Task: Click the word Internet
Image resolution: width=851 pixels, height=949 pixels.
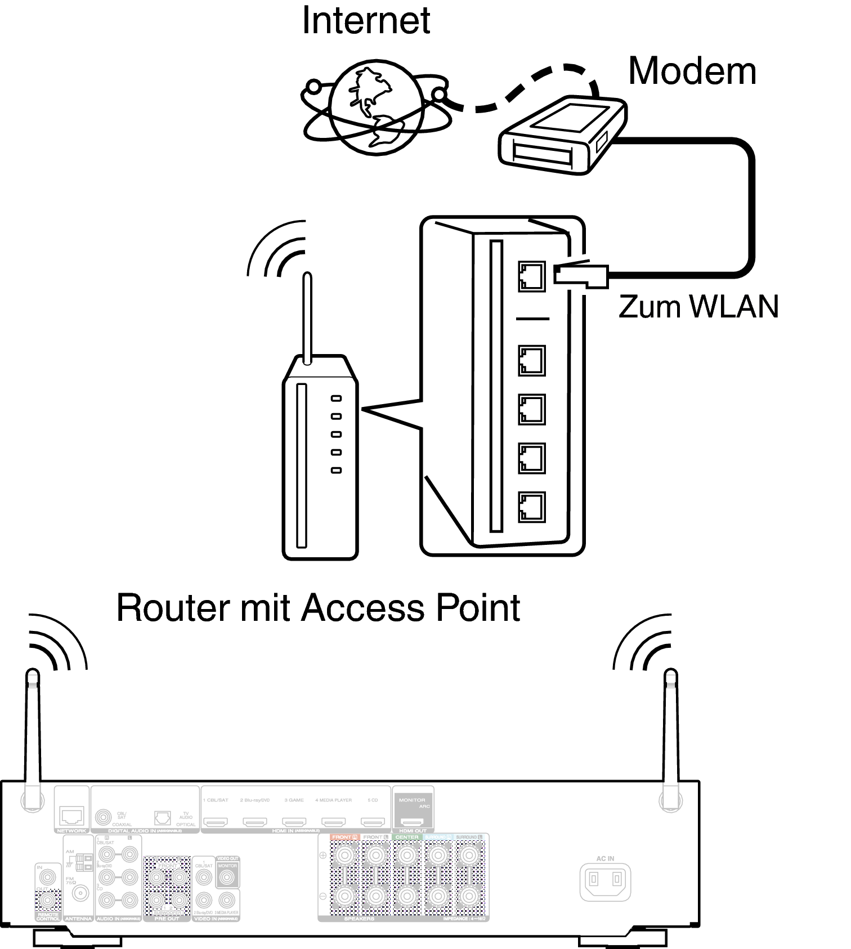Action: pos(366,21)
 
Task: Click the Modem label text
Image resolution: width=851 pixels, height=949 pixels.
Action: pos(692,71)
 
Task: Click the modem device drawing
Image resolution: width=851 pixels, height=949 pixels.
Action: pos(561,135)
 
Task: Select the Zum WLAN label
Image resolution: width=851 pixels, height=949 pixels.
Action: pos(698,307)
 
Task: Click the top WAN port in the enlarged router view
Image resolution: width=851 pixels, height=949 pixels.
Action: pos(531,276)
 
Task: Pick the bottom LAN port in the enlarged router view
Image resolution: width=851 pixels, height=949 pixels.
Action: pos(531,506)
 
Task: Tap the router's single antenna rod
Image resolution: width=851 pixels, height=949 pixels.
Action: pos(307,318)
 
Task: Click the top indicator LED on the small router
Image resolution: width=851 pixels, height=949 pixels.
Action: pos(336,399)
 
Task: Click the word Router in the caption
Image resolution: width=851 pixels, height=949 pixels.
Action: pos(172,608)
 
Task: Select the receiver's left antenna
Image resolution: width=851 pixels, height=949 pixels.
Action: pos(32,737)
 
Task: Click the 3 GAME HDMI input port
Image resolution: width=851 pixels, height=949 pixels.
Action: pos(294,822)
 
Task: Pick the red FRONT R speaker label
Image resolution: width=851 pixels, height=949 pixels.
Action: pos(344,838)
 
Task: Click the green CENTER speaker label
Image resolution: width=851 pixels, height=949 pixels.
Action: pos(406,838)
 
